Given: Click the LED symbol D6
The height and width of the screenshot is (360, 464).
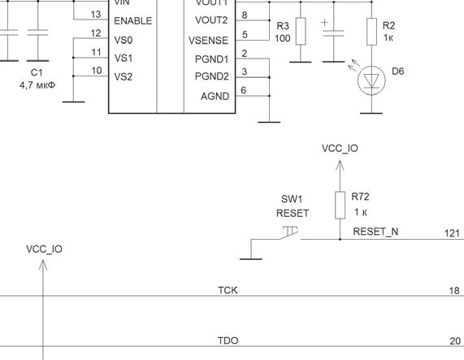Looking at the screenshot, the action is point(371,80).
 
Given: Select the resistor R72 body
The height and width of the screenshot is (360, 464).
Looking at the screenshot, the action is point(340,205).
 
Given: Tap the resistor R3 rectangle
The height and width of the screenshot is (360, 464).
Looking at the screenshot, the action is point(301,32).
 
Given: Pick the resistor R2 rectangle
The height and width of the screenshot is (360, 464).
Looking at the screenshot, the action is point(371,32).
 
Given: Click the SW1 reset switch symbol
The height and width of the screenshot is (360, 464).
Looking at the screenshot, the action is point(290,232).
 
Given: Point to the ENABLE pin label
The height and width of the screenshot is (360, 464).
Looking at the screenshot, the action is point(133,21).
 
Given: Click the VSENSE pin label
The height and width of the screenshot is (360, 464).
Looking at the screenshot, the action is point(208,41).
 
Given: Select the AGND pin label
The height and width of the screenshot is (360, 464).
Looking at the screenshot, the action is point(215,97).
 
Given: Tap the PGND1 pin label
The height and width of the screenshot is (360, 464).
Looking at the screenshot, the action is point(211,59).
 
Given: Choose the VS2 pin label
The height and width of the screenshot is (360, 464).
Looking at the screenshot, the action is point(124,77).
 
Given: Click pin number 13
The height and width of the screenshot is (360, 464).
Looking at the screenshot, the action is point(96,15).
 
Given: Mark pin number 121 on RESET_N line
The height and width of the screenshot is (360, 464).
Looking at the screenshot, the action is point(452,234).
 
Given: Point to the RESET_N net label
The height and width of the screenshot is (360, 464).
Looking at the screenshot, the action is point(375,232).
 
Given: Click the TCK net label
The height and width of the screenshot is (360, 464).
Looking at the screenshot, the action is point(228,290).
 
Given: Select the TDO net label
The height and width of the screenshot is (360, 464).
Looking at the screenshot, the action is point(228,340).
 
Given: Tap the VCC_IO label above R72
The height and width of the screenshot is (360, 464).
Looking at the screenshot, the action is point(340,149).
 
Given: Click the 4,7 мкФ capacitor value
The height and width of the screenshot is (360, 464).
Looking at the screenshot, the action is point(37,85).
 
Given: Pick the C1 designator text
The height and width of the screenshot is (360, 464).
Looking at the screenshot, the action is point(37,73).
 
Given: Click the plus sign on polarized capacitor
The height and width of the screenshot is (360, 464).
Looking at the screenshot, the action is point(324,23).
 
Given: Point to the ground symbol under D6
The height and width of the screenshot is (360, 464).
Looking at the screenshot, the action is point(371,113).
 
